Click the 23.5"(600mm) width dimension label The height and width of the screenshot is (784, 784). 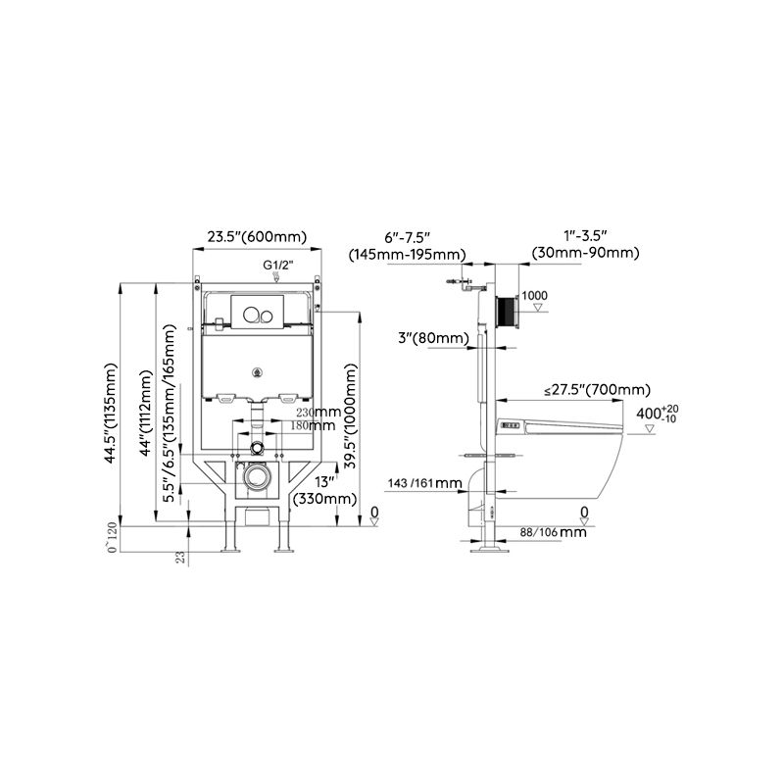(x=257, y=236)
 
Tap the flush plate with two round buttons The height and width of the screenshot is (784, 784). (x=259, y=314)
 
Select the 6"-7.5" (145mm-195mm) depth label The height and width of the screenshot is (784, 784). (x=407, y=245)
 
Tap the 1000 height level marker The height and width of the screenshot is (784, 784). (x=535, y=296)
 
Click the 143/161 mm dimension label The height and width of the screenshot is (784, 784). (x=424, y=483)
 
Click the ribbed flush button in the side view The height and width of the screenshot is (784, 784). (x=506, y=313)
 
